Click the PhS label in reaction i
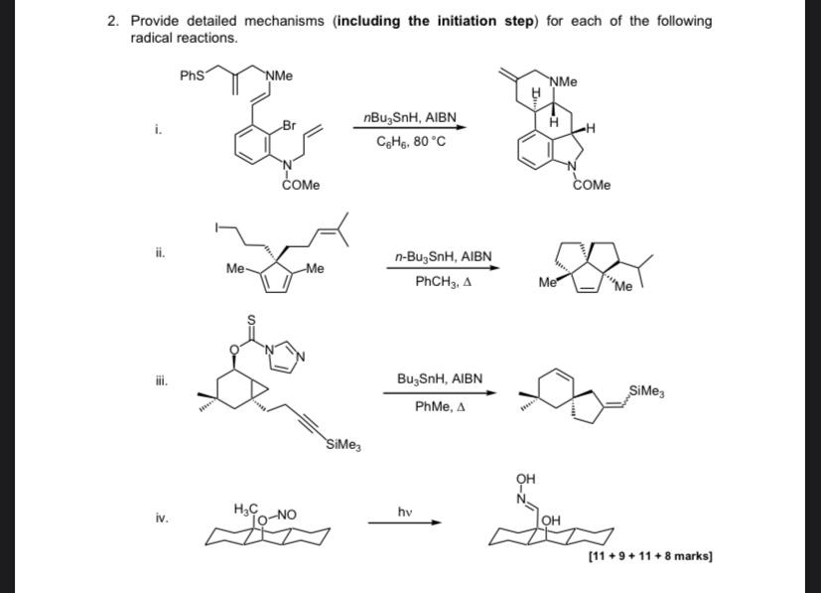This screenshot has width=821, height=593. coord(193,75)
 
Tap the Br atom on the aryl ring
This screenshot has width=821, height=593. coord(289,125)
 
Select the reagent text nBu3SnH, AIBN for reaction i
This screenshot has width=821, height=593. coord(410,118)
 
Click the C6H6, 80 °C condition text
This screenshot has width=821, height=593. coord(411,141)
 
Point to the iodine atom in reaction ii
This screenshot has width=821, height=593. coord(216,227)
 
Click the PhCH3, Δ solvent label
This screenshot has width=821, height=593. coord(444,282)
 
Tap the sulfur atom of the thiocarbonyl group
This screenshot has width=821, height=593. coord(251,319)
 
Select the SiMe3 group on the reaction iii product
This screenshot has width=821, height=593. coord(646,391)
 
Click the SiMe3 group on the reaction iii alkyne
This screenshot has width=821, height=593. coord(343,445)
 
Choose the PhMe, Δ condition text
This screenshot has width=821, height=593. coord(441,407)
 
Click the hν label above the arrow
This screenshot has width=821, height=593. coord(405,512)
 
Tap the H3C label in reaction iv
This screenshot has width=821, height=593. coord(245,509)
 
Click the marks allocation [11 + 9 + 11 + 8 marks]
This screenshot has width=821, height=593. coord(650,556)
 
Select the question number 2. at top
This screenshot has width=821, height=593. coord(113,21)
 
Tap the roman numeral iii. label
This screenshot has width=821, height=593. coord(161,380)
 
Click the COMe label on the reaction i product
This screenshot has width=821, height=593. coord(592,186)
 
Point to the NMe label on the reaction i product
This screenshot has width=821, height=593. coord(564,81)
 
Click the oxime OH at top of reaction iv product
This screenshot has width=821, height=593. coord(526,479)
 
